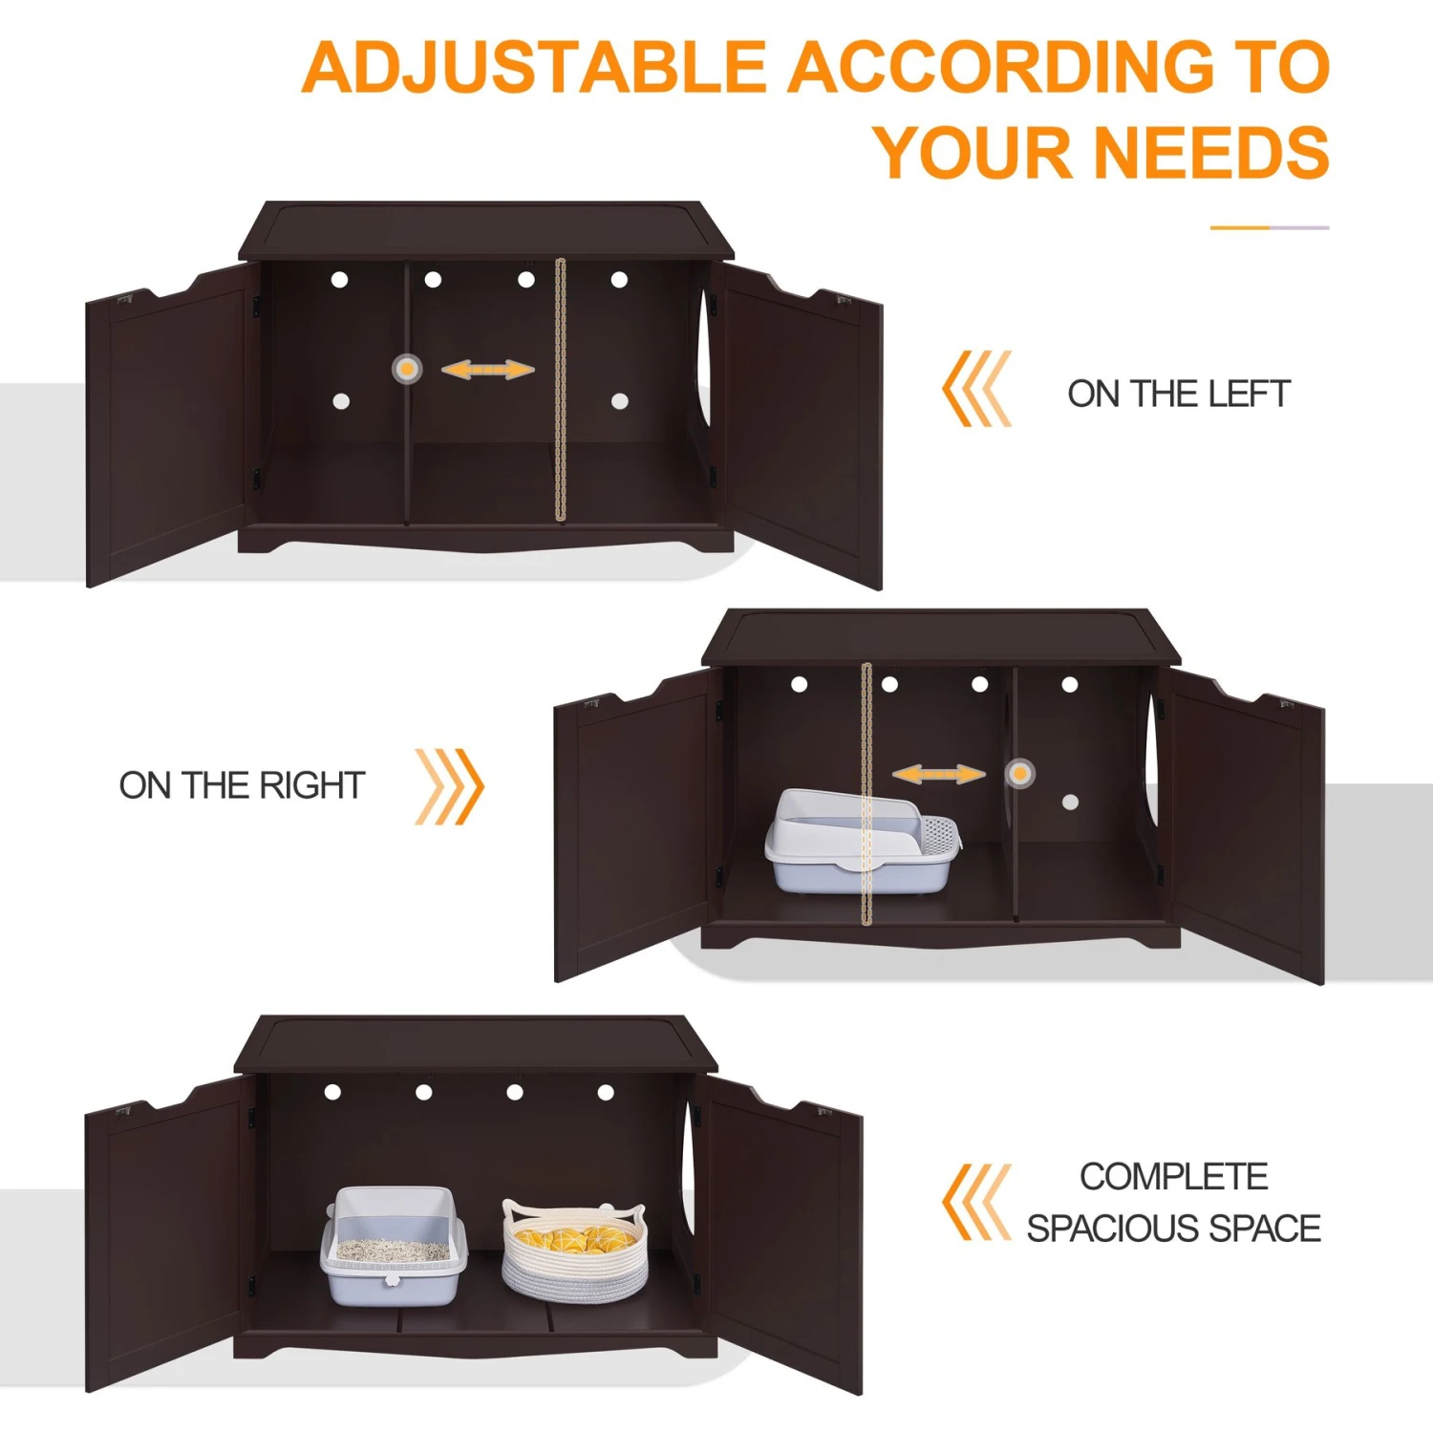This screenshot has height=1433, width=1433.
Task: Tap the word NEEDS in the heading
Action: tap(1210, 153)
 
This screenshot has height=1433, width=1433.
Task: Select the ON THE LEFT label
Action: tap(1178, 394)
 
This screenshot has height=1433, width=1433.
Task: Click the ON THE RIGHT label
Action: tap(242, 785)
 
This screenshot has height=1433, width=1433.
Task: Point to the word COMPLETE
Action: tap(1174, 1177)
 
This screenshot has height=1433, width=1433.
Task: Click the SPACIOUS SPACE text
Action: tap(1174, 1229)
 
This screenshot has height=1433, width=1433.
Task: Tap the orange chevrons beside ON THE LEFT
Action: tap(976, 389)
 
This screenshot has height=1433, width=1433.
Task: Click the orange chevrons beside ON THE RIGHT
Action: tap(450, 786)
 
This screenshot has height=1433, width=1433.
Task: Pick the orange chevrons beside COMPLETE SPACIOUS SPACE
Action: tap(976, 1202)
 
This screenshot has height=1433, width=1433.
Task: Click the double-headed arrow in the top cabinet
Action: tap(487, 370)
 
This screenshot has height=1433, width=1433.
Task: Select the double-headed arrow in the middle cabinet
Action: tap(938, 774)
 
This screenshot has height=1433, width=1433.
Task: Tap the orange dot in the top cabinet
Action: tap(407, 368)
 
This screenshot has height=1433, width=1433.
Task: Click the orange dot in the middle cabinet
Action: tap(1020, 773)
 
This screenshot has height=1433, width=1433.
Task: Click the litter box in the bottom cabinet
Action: tap(394, 1247)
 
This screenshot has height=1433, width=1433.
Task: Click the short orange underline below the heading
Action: tap(1269, 227)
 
